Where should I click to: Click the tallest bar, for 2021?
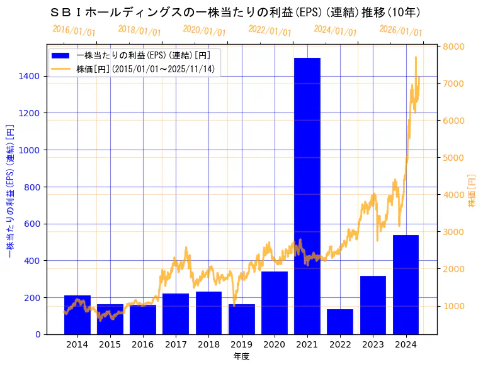(307, 195)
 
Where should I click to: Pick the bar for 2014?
(77, 314)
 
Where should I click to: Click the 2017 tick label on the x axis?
(176, 344)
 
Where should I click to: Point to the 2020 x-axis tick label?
(275, 344)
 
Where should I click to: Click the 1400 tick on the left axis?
(30, 76)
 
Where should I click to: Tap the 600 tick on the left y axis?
(33, 224)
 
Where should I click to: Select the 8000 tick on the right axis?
(453, 47)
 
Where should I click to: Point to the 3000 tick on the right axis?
(453, 232)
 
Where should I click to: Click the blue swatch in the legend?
(61, 55)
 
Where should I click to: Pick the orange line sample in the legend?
(61, 68)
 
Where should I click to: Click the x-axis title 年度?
(241, 356)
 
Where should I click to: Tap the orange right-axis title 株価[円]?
(472, 190)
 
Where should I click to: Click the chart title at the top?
(234, 12)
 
